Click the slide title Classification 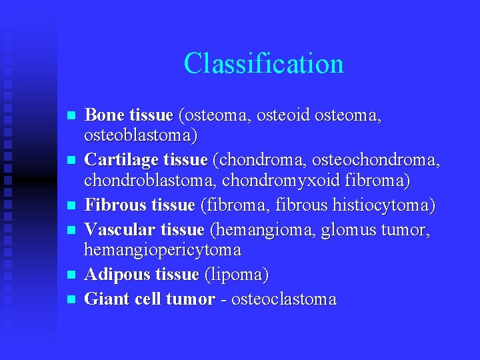263,64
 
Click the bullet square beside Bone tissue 71,116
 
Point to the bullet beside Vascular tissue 71,230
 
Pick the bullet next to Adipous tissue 71,275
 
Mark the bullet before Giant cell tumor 71,299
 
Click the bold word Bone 105,115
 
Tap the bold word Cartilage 123,161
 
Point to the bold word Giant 105,299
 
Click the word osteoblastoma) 141,136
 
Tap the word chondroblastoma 150,181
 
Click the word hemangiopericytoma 162,250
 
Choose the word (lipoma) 237,275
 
